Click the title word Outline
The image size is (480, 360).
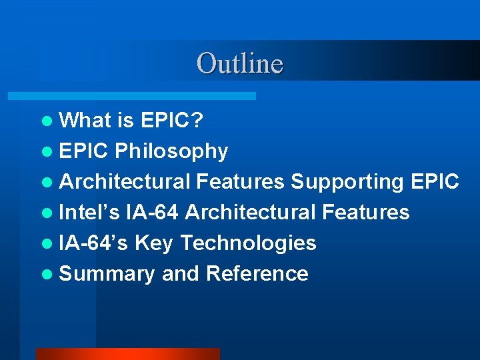[240, 63]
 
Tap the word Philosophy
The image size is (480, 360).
[171, 151]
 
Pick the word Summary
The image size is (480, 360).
[107, 274]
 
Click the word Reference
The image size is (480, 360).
[257, 274]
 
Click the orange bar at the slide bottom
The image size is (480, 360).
[127, 354]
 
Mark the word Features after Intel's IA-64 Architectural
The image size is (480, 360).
[365, 213]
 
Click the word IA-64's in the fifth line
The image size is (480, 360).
[94, 243]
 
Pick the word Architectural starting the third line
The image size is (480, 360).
[125, 182]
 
